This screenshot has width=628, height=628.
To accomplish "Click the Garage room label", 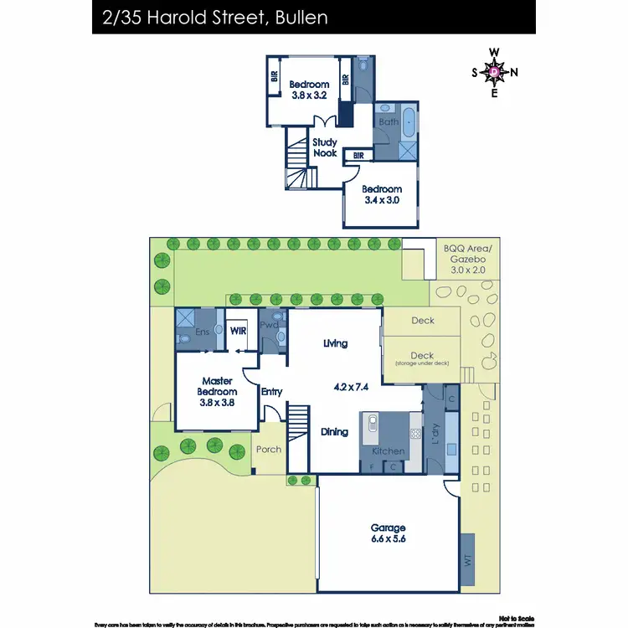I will point(389,528).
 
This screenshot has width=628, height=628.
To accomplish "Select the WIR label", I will point(239,332).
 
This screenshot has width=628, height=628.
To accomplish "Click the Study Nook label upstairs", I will point(325,147).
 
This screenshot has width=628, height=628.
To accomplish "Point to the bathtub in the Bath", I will point(408,122).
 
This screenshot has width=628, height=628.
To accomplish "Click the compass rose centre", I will point(495,72).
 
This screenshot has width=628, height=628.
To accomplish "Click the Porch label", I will point(269,450).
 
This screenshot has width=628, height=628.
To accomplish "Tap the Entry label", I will point(272,392).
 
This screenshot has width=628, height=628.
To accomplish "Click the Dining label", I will point(335,432).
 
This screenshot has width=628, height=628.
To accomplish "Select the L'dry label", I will point(434,436).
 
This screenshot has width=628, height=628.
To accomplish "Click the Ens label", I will point(203,332).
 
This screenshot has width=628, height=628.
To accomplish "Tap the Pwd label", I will point(269,325).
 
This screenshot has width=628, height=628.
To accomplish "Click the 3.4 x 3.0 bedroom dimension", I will point(383,200).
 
